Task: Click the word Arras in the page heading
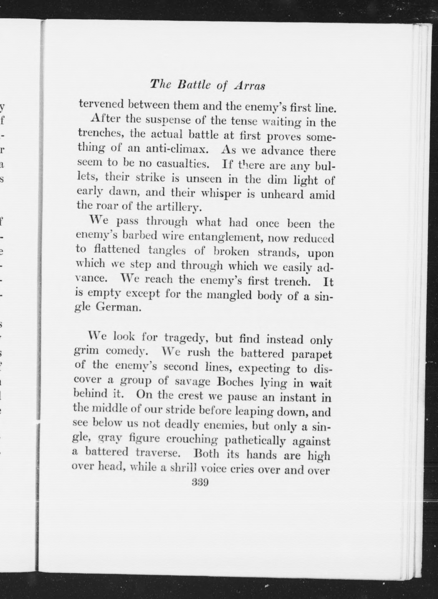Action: (250, 86)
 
